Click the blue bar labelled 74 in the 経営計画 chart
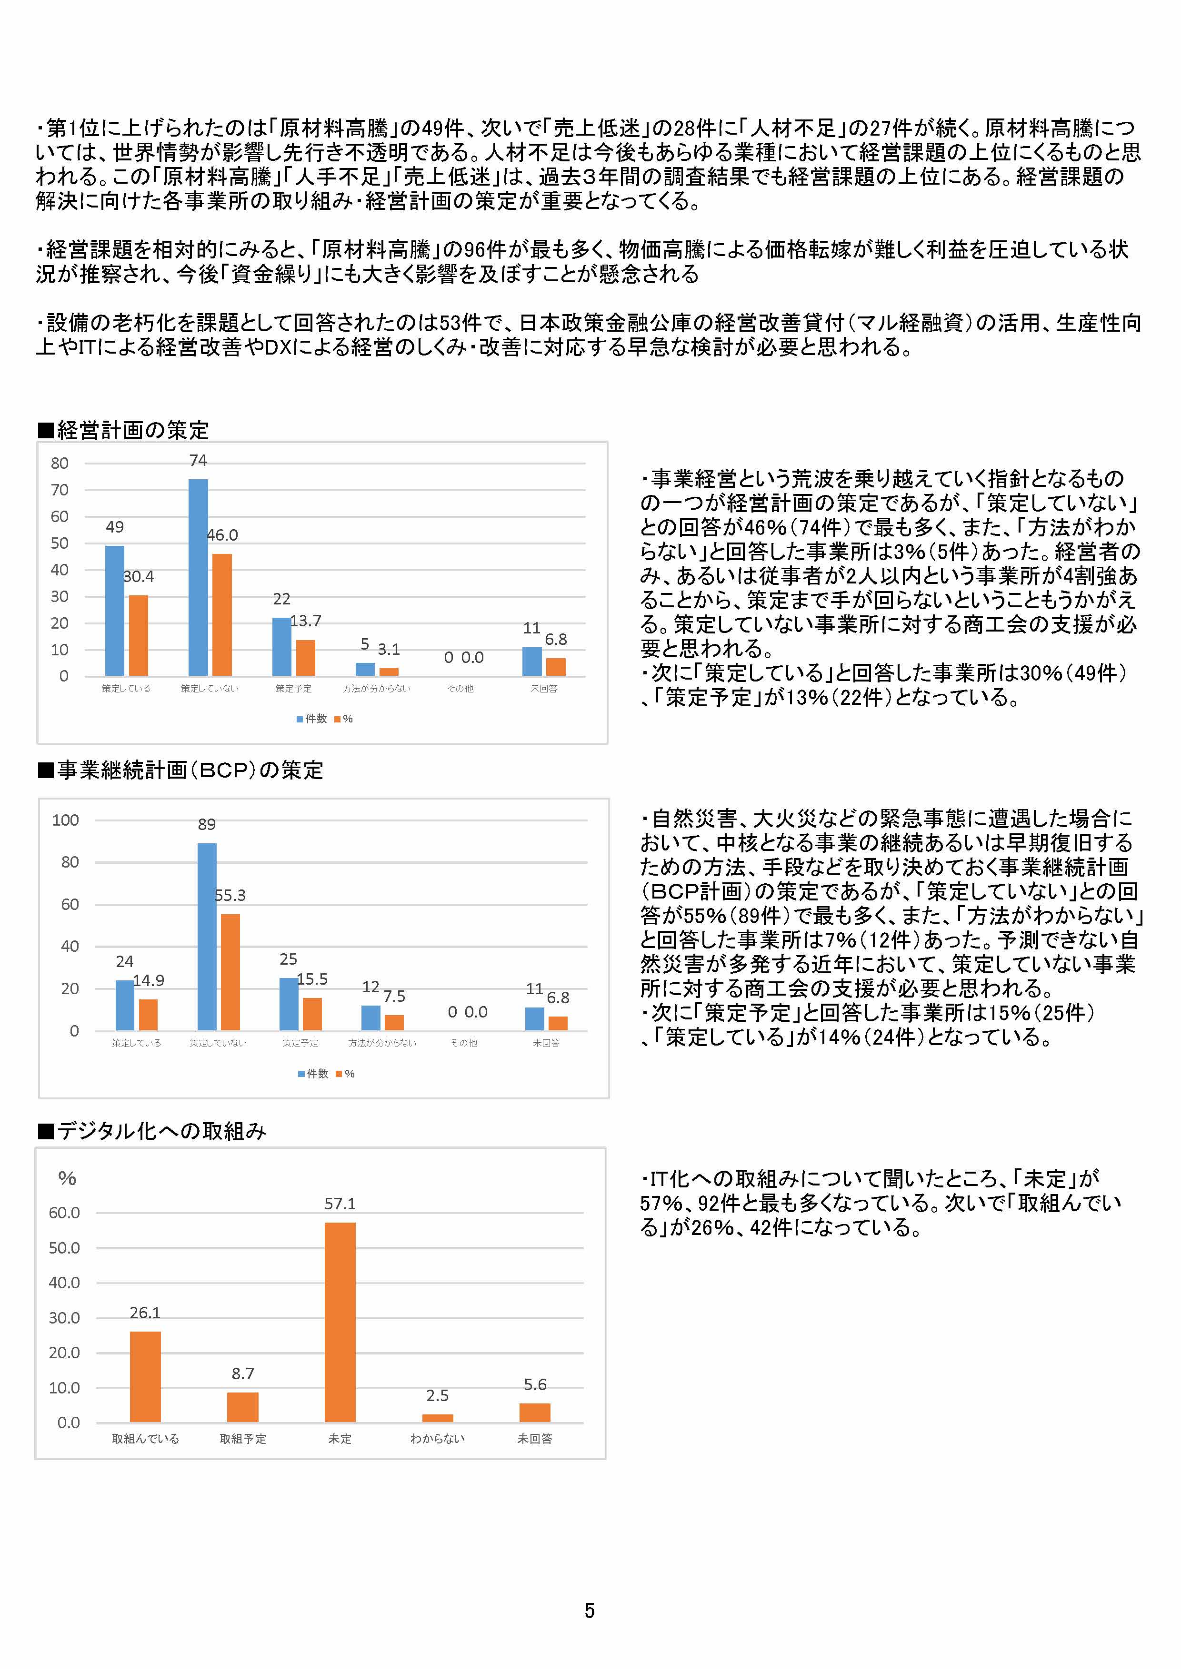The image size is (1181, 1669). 198,577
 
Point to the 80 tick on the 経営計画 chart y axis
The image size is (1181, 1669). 60,463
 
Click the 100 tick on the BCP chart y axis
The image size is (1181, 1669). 65,820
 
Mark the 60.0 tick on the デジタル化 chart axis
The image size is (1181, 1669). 64,1213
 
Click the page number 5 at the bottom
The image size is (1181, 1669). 589,1611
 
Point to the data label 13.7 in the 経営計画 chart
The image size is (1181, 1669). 305,621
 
